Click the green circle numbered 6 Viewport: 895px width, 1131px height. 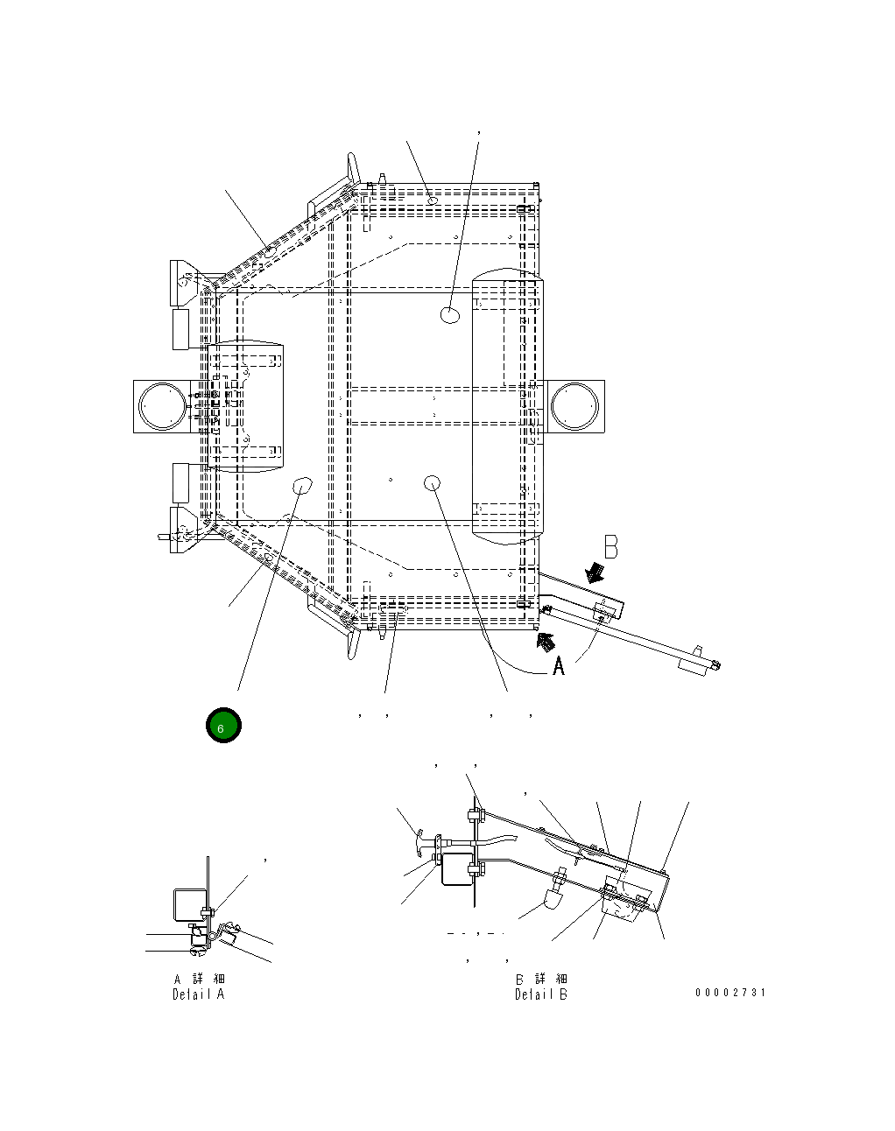click(x=222, y=727)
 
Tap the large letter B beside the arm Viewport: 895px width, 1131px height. click(x=610, y=549)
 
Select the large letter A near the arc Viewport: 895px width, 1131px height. click(x=559, y=667)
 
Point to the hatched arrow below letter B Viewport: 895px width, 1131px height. click(x=597, y=572)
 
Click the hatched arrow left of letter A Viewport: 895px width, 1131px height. click(x=546, y=641)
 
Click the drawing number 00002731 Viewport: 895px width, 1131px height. click(x=730, y=992)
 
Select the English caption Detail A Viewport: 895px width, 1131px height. click(x=198, y=994)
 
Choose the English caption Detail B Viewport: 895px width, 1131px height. click(x=540, y=994)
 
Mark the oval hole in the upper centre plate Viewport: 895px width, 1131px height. click(x=450, y=315)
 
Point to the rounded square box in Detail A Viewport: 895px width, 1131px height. click(x=190, y=904)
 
